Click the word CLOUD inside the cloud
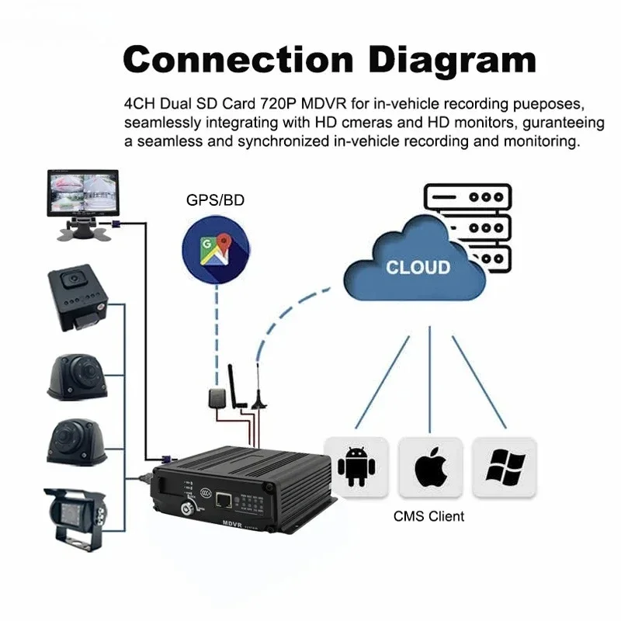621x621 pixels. click(x=418, y=267)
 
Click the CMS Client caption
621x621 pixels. click(x=429, y=515)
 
